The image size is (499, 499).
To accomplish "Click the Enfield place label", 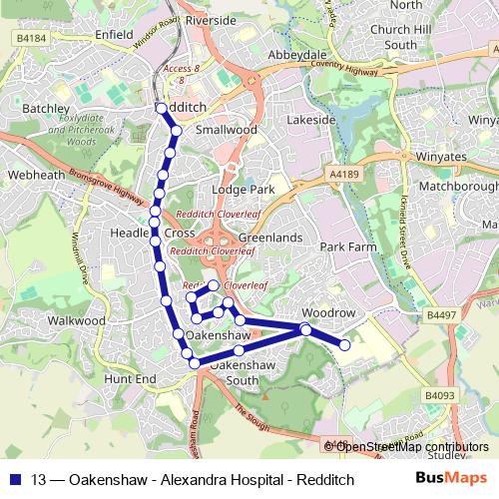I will coord(115,34).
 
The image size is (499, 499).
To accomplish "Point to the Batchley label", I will coord(46,108).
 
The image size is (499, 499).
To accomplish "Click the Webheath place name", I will coord(30,174).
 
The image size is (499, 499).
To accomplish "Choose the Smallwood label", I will coord(227,130).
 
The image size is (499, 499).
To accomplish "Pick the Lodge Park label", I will coord(249,189).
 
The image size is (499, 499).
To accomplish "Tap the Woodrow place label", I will coord(328,312).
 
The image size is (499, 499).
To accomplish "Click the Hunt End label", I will coord(131,379).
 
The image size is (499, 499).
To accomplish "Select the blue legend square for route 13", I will coord(15,479).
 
